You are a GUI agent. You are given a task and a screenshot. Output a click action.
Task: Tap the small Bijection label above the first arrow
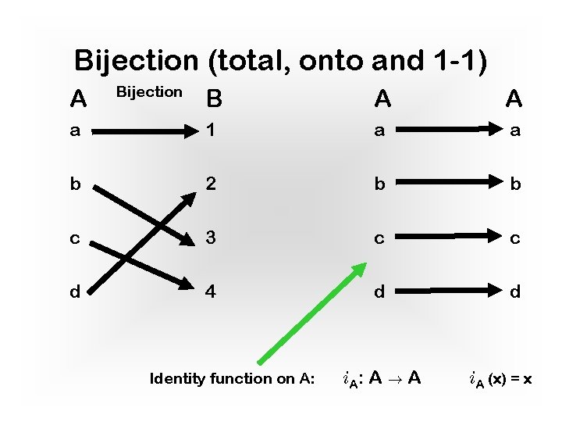(148, 92)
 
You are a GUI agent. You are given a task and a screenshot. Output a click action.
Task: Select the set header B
(214, 99)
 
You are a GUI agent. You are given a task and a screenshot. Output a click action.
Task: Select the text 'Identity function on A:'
(232, 379)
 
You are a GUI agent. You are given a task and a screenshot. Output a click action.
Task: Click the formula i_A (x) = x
(500, 380)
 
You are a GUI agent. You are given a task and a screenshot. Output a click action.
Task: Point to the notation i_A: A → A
(382, 379)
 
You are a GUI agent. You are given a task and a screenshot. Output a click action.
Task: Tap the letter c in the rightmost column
(514, 239)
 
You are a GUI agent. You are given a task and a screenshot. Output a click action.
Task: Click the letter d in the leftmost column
(74, 292)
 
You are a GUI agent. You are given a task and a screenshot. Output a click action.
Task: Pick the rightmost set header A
(514, 98)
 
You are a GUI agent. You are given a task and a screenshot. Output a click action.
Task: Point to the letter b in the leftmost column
(74, 184)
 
